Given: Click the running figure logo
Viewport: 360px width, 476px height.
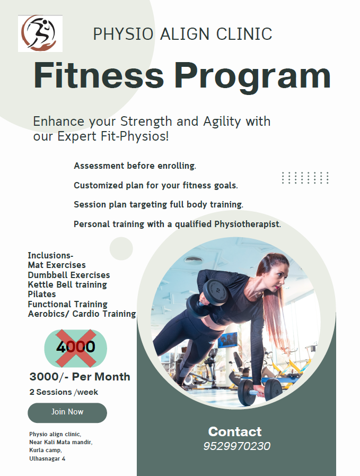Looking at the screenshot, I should [x=40, y=33].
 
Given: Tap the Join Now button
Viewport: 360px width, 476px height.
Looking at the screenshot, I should [x=67, y=412].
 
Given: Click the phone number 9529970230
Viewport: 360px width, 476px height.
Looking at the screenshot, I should [x=236, y=446].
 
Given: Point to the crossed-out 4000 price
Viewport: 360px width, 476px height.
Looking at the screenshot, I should [x=75, y=347].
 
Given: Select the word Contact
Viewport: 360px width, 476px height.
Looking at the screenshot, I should [x=235, y=431].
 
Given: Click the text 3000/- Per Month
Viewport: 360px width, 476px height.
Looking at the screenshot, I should [x=80, y=377].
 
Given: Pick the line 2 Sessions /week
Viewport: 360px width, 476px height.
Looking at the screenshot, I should [x=64, y=392].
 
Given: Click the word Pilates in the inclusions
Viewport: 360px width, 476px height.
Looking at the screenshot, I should [x=42, y=294].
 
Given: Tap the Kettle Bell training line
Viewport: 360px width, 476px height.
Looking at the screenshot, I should [x=67, y=284].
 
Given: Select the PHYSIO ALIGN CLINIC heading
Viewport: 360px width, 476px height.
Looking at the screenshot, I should [x=182, y=34].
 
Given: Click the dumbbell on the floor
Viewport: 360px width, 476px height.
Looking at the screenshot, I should [x=259, y=391].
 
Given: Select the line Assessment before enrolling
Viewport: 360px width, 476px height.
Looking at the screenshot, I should [x=135, y=166].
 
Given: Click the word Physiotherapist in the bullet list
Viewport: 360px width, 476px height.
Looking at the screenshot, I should [x=247, y=224].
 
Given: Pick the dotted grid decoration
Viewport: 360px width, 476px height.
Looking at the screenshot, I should [x=305, y=178].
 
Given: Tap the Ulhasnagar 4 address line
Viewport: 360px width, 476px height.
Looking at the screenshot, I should [x=47, y=458].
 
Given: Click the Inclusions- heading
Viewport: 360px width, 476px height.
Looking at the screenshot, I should [x=50, y=255].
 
